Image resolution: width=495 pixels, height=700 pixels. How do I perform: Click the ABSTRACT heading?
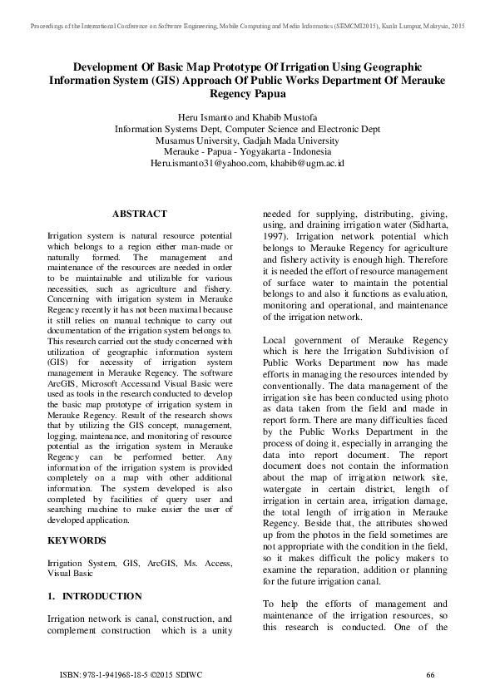coord(139,214)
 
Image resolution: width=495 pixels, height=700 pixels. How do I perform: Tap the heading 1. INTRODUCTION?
coord(94,596)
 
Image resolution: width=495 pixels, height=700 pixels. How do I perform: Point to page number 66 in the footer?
coord(430,674)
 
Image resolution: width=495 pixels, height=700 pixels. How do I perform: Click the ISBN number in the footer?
coord(111,674)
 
